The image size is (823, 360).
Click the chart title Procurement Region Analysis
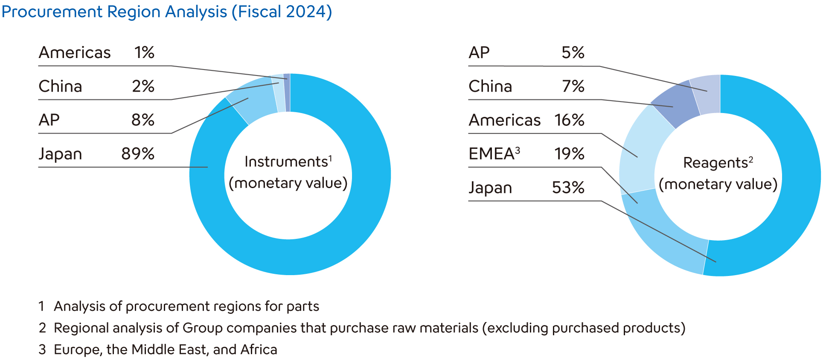click(166, 12)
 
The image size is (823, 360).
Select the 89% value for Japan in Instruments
click(137, 154)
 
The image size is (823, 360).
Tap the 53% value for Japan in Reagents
click(568, 188)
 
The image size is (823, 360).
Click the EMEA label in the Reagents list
click(491, 154)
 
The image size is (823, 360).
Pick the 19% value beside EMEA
click(569, 154)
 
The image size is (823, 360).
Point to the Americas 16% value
click(569, 120)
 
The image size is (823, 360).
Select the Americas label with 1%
click(75, 53)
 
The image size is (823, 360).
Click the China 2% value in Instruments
click(143, 86)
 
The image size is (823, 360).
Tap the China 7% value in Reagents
click(573, 86)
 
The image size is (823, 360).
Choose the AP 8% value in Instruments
click(143, 120)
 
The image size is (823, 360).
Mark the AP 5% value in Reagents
click(573, 53)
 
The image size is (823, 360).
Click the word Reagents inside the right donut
click(715, 163)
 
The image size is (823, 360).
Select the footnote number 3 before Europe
click(42, 350)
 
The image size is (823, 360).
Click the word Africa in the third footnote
click(259, 350)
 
